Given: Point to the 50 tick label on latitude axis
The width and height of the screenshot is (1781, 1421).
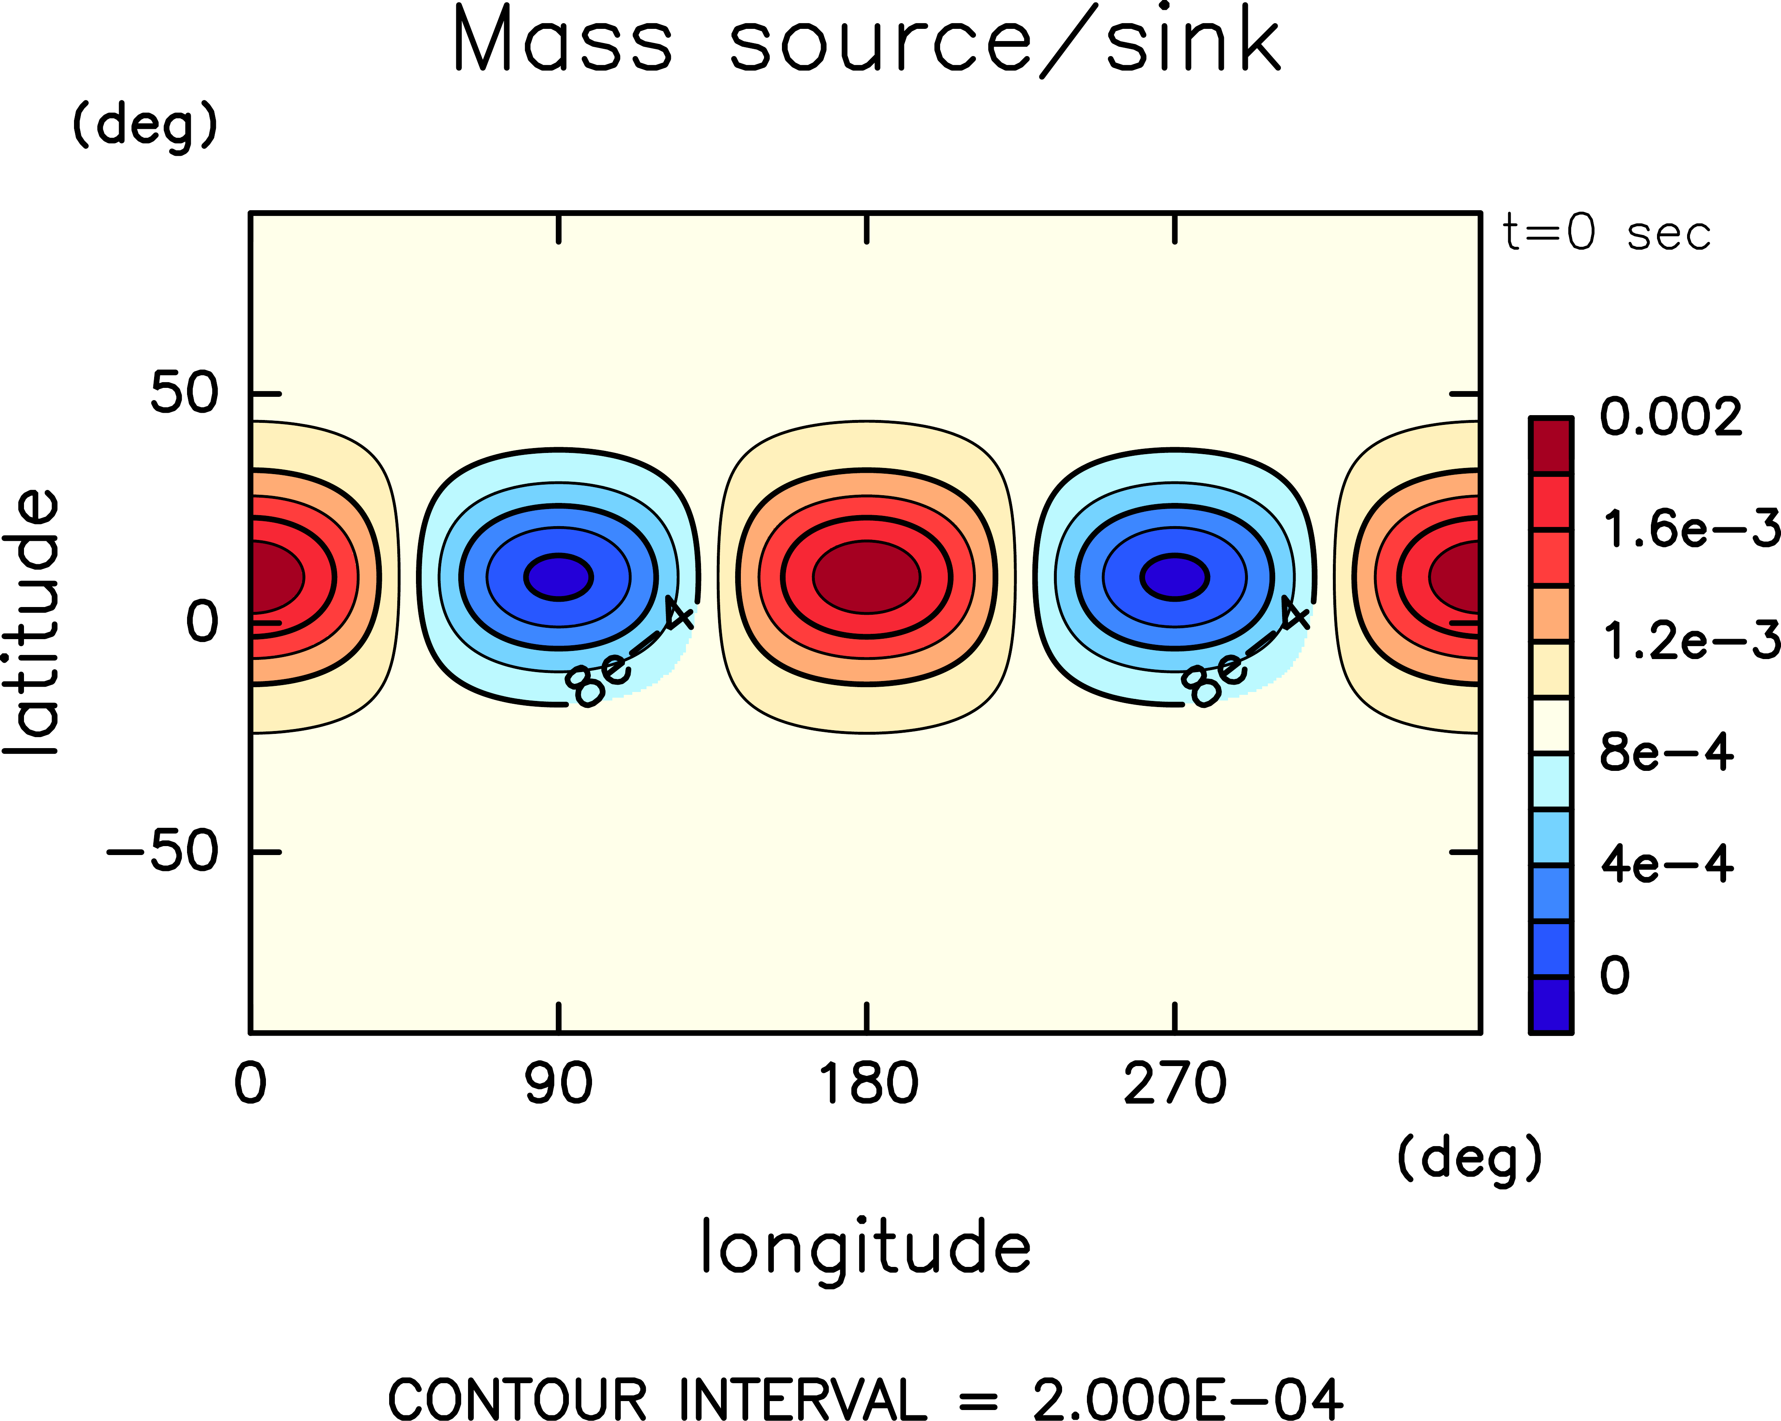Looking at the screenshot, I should (183, 393).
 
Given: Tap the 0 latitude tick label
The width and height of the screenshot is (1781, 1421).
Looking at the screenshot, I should (202, 622).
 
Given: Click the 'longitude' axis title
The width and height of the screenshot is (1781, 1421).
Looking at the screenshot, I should (866, 1247).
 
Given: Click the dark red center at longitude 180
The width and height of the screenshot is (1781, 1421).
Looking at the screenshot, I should (867, 577).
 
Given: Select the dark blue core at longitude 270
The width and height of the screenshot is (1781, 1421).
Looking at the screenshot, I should (1175, 577).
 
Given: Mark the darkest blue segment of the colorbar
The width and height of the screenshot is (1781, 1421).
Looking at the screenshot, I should (1550, 1005).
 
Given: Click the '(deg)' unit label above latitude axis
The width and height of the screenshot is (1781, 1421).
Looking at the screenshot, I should (146, 126).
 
